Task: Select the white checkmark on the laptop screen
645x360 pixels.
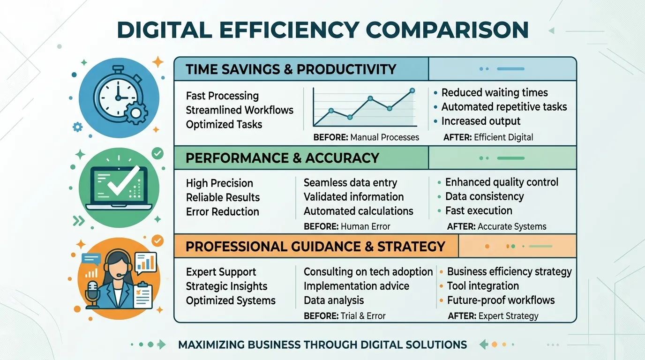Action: [124, 180]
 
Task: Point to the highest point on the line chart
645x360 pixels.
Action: [412, 91]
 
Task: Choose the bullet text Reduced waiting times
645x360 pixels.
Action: [495, 93]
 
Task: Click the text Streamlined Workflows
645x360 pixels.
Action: [240, 110]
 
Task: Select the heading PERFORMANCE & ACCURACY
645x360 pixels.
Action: [282, 158]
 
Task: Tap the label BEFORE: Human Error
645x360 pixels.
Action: [347, 227]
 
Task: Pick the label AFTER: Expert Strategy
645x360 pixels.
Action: [493, 316]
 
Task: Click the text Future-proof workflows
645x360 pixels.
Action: [501, 300]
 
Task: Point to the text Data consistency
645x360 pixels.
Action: [484, 196]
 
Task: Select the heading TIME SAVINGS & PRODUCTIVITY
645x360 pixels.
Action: [291, 69]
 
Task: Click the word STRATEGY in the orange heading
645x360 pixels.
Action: [411, 247]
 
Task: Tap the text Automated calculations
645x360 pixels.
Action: [358, 211]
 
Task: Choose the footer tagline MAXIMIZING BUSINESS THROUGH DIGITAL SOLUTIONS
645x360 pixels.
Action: [322, 345]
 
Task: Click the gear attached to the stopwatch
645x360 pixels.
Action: [136, 113]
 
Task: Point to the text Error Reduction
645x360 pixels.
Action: [222, 212]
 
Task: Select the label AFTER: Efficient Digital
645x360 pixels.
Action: [488, 137]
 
